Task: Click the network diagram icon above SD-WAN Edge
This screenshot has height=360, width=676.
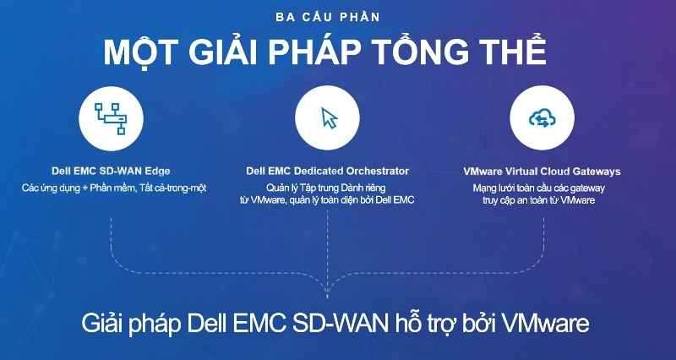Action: tap(111, 118)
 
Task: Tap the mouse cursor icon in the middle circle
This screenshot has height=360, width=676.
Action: tap(329, 117)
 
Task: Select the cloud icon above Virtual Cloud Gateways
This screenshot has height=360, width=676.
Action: tap(542, 117)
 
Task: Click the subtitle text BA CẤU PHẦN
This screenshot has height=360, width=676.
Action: tap(328, 17)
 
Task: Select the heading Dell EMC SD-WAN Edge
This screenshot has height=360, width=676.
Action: tap(111, 172)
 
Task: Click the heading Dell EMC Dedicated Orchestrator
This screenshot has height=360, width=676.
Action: tap(328, 172)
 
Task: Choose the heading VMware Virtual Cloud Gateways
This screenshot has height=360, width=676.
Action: tap(542, 172)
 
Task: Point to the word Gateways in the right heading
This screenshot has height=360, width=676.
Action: tap(597, 172)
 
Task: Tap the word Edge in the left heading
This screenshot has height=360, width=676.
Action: tap(159, 172)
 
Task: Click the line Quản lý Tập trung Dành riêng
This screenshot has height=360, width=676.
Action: tap(325, 188)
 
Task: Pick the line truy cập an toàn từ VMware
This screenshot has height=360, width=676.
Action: tap(539, 200)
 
